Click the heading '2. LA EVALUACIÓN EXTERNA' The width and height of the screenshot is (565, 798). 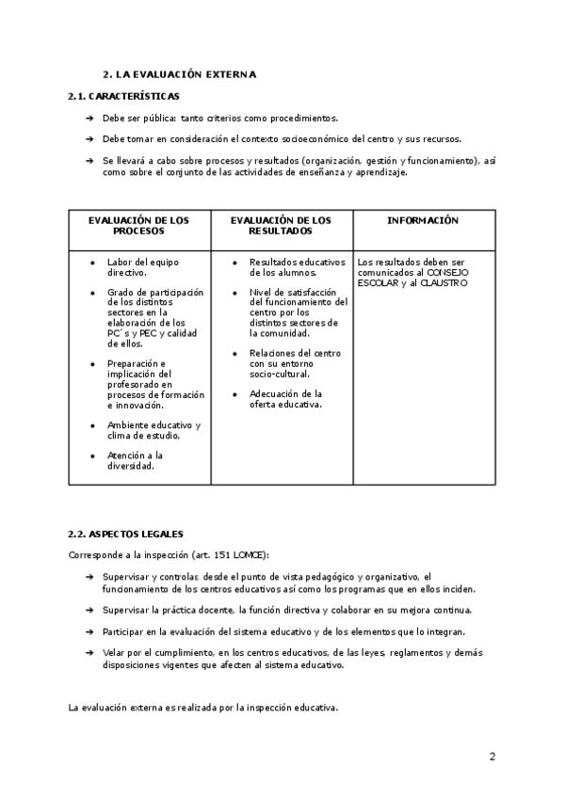click(x=179, y=73)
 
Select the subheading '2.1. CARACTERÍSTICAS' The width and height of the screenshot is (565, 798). click(x=124, y=96)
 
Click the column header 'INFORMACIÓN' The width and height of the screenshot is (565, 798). click(x=423, y=220)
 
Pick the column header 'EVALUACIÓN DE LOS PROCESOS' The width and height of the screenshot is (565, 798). click(x=138, y=225)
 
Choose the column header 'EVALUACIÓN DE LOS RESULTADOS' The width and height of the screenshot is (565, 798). click(x=281, y=225)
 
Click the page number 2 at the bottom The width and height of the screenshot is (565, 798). click(x=492, y=756)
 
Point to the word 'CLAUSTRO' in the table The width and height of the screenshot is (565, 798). click(x=443, y=282)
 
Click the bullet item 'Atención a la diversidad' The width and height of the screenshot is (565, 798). click(x=135, y=460)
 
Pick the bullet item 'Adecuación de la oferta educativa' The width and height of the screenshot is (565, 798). click(x=285, y=399)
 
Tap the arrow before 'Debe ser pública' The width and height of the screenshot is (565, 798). click(x=89, y=119)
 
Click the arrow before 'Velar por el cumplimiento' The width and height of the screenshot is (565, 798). click(x=89, y=651)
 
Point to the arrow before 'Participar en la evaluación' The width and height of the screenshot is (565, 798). click(x=89, y=630)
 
